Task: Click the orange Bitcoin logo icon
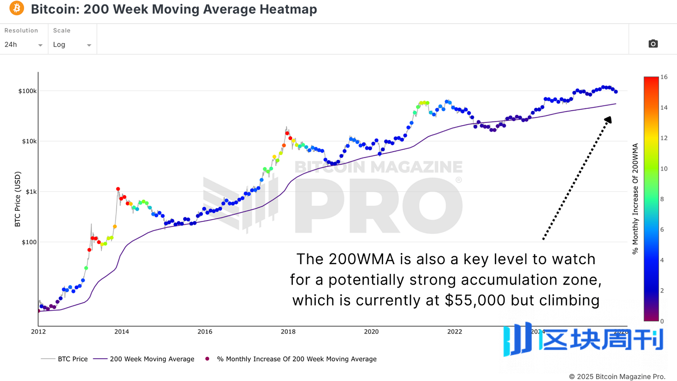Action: (16, 8)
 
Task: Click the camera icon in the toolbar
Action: (653, 44)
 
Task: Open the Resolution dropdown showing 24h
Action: (24, 45)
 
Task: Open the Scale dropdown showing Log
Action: (72, 45)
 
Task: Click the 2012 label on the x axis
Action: (38, 332)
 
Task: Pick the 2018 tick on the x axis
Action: (288, 332)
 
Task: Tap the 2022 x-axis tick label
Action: (454, 332)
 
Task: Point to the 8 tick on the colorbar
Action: (662, 199)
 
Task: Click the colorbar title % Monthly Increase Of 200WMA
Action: (635, 199)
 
